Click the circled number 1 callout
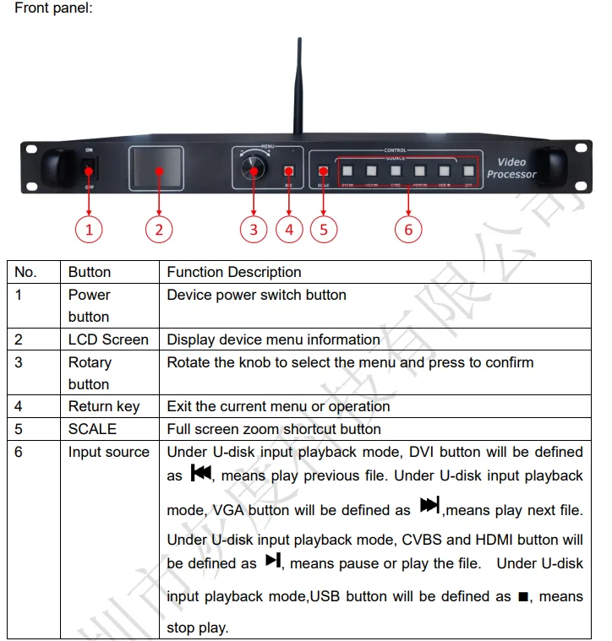[89, 228]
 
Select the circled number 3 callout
[253, 228]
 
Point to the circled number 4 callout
[289, 228]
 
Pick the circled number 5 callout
[324, 228]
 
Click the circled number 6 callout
[408, 228]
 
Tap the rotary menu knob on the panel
[251, 169]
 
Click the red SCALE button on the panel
[323, 171]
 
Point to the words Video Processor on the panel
[511, 168]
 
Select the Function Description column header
[234, 272]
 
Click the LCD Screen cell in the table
[108, 340]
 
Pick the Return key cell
[104, 406]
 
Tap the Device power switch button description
[257, 295]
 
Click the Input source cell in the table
[108, 452]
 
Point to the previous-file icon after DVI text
[201, 474]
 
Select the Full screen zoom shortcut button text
[274, 429]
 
